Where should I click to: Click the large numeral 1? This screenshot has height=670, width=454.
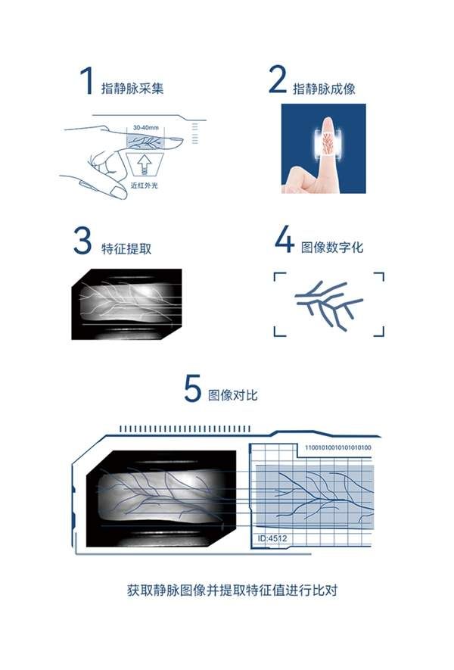pyautogui.click(x=87, y=80)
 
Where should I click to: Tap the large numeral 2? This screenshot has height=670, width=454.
pyautogui.click(x=277, y=79)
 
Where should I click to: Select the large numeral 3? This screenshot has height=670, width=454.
pyautogui.click(x=82, y=241)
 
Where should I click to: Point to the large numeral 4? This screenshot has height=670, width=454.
pyautogui.click(x=285, y=239)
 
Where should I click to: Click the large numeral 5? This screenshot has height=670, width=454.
pyautogui.click(x=192, y=388)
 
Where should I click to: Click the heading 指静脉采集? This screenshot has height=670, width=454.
pyautogui.click(x=132, y=89)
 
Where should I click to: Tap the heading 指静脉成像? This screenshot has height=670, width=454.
pyautogui.click(x=324, y=89)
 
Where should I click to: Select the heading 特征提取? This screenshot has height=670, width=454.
pyautogui.click(x=126, y=248)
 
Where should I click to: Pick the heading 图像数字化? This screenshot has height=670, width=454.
pyautogui.click(x=332, y=247)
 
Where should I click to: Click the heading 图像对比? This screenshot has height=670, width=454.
pyautogui.click(x=233, y=395)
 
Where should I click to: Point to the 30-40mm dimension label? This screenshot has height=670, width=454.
pyautogui.click(x=145, y=127)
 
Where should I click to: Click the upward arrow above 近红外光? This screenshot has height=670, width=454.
pyautogui.click(x=145, y=164)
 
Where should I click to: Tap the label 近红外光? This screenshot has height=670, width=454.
pyautogui.click(x=145, y=185)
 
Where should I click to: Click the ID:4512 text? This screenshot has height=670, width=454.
pyautogui.click(x=272, y=538)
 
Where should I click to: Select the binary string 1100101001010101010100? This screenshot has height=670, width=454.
pyautogui.click(x=337, y=447)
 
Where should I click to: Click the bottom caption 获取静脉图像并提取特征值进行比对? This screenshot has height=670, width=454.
pyautogui.click(x=232, y=590)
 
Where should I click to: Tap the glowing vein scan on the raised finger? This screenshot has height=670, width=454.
pyautogui.click(x=328, y=144)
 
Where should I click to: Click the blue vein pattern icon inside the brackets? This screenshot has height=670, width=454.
pyautogui.click(x=329, y=304)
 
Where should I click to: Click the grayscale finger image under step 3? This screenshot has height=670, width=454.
pyautogui.click(x=127, y=304)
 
